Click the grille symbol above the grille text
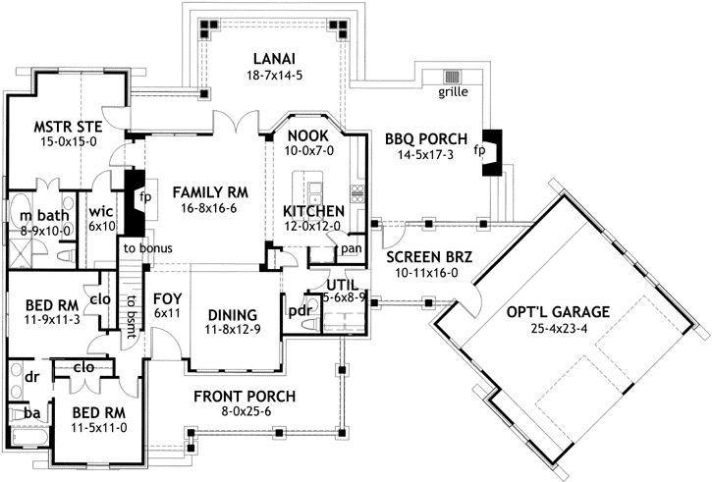452,77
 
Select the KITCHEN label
312,211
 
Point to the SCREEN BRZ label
428,257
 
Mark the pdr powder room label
301,312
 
